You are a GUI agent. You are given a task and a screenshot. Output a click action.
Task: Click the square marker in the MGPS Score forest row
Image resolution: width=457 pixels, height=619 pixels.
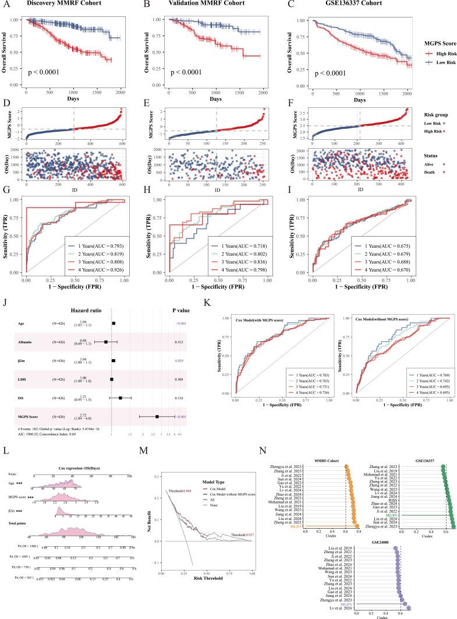tap(157, 417)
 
